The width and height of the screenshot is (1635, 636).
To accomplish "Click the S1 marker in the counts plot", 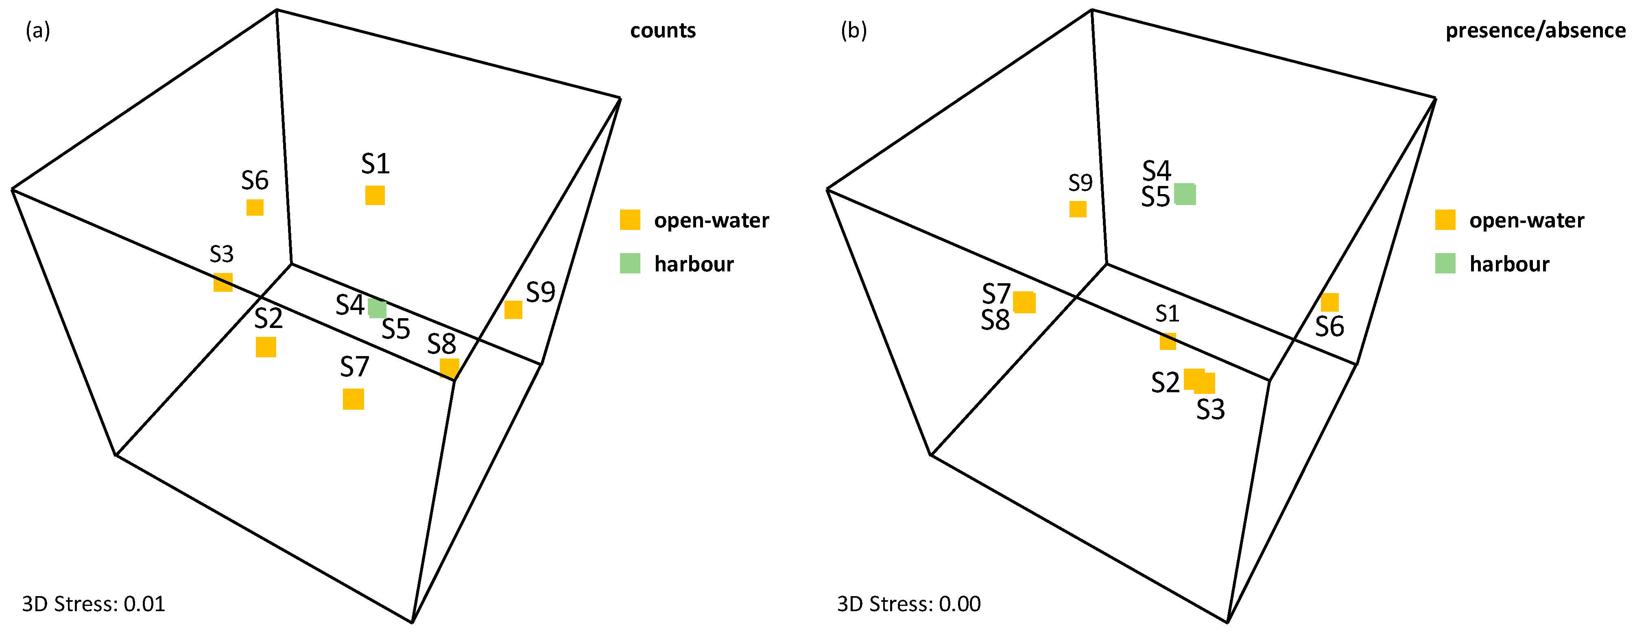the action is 375,195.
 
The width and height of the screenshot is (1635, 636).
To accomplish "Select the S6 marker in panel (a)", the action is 255,208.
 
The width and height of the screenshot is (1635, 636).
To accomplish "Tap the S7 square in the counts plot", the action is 354,399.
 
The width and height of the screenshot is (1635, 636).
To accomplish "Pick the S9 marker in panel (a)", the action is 513,310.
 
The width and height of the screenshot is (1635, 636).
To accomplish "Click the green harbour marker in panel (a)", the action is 377,308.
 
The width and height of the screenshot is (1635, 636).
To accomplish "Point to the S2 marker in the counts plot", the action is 266,347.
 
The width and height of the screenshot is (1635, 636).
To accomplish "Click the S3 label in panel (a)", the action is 221,254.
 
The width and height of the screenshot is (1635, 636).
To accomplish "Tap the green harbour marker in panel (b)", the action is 1184,194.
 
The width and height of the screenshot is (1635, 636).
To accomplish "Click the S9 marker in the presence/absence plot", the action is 1078,209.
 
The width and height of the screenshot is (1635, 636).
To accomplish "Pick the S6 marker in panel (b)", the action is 1330,302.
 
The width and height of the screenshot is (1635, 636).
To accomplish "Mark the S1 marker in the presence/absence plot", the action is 1168,341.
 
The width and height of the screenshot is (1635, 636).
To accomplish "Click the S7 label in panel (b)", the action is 996,294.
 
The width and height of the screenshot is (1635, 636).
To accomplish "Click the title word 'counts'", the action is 663,31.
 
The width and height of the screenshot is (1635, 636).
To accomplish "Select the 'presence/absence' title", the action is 1535,31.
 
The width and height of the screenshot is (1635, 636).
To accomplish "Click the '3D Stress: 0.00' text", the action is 908,603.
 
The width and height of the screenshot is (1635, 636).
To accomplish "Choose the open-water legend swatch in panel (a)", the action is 630,220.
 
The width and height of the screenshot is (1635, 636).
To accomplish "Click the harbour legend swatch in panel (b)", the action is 1445,263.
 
